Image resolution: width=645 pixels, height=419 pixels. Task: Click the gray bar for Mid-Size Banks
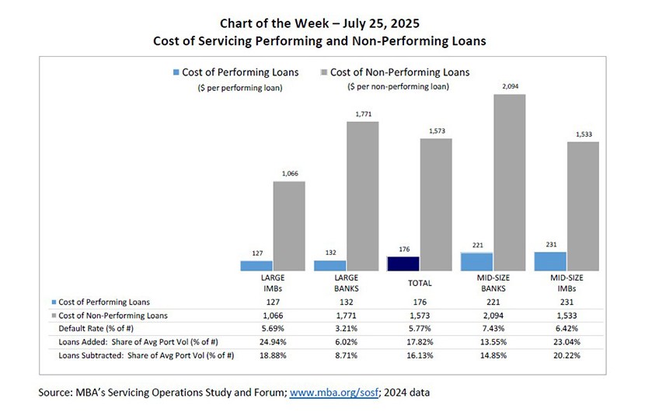tap(508, 183)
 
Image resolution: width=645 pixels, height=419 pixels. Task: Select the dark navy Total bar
tap(403, 264)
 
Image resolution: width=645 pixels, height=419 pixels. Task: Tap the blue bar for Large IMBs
tap(256, 266)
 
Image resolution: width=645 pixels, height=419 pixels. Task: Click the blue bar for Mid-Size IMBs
tap(550, 261)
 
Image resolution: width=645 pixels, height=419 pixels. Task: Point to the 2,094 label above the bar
tap(510, 87)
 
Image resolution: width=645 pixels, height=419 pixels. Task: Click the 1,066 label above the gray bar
tap(288, 174)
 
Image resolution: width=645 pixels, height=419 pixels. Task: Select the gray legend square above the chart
tap(322, 72)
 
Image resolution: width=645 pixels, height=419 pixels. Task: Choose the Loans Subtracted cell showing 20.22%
tap(566, 355)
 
